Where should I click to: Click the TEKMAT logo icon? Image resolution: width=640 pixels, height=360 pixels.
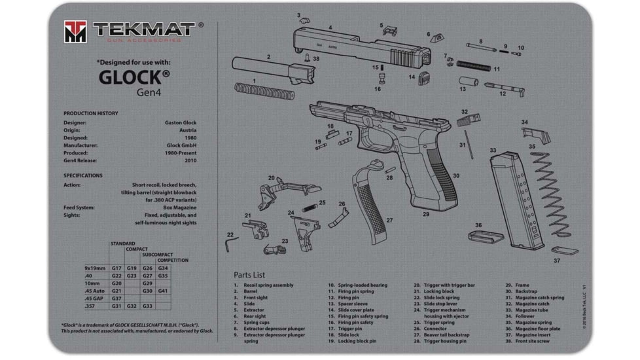(75, 31)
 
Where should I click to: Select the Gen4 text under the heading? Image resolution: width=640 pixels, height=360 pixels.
(148, 92)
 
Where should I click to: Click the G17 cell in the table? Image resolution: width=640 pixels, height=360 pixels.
(116, 268)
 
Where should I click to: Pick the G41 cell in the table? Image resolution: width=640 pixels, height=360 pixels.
(163, 291)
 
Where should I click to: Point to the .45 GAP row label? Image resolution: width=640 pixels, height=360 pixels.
(94, 298)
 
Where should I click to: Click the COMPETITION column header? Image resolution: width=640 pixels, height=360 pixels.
(172, 261)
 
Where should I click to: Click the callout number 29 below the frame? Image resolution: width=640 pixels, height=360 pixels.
(426, 214)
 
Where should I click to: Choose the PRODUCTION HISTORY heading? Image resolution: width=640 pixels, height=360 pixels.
(91, 113)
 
